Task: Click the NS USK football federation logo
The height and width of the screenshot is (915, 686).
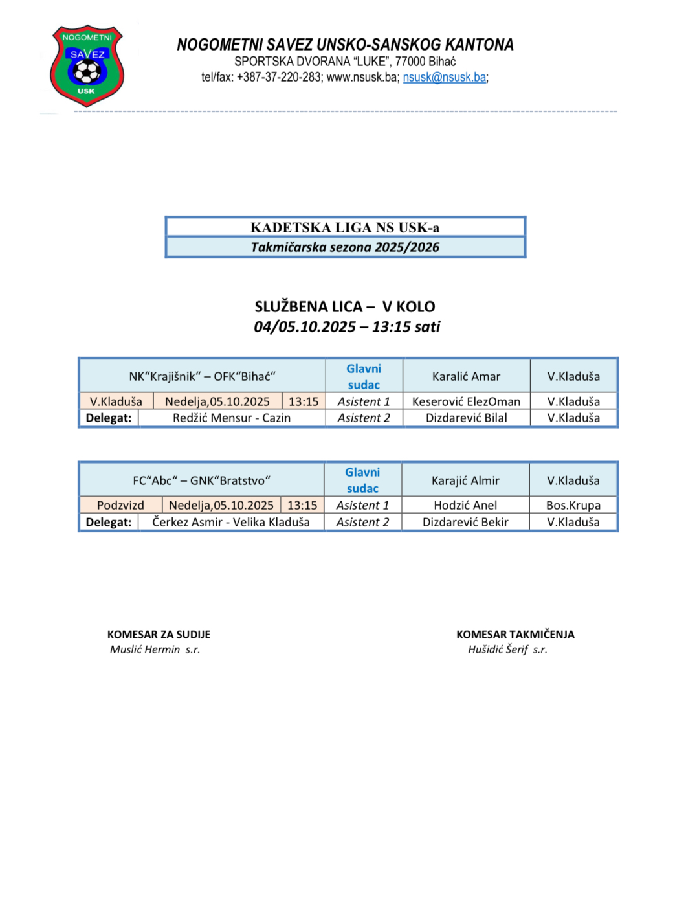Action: (87, 65)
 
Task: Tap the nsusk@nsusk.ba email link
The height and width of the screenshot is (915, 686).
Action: (445, 78)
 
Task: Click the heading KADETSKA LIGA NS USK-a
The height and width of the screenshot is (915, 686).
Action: (345, 227)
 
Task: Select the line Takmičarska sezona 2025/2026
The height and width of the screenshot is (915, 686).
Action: (345, 247)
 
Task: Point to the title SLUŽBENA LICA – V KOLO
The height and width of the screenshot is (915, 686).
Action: (345, 307)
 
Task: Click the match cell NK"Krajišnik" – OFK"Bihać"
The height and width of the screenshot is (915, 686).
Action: (202, 376)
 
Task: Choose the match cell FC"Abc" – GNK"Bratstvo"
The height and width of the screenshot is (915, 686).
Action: (201, 480)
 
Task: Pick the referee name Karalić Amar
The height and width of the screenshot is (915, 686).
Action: (466, 376)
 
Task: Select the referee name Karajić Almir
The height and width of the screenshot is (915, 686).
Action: (465, 480)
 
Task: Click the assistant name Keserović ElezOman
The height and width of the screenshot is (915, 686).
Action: (466, 401)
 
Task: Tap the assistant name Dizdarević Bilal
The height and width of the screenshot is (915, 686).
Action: (466, 418)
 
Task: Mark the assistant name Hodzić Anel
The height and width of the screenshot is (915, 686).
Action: (465, 505)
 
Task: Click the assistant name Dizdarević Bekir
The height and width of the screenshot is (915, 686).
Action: (465, 522)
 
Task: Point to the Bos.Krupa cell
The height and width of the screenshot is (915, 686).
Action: (573, 505)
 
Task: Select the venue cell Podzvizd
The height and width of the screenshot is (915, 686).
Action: (120, 505)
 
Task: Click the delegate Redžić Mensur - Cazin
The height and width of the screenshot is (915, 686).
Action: (231, 418)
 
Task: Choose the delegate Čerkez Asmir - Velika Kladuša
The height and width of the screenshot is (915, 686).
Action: (231, 522)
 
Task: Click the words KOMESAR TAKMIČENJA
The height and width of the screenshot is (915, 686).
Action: (515, 635)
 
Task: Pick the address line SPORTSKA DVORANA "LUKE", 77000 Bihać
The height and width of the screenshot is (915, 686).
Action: (345, 62)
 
